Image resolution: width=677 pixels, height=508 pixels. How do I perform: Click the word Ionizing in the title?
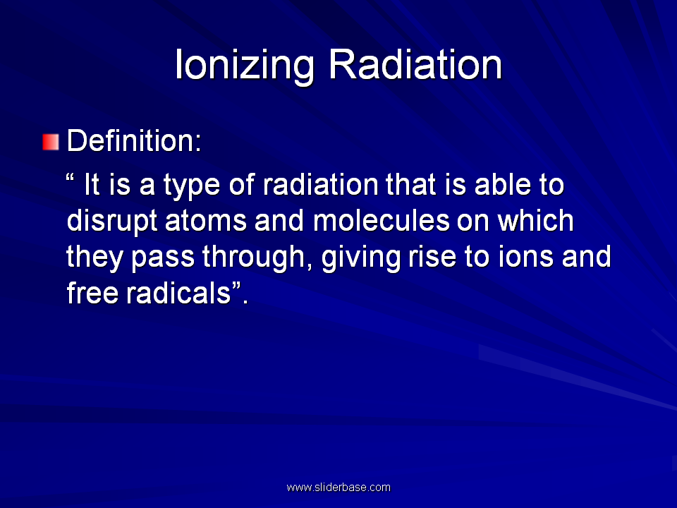(x=245, y=66)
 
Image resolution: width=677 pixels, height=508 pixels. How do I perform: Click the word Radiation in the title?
(x=415, y=64)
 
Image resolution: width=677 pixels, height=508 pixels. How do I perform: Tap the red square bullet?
(x=51, y=142)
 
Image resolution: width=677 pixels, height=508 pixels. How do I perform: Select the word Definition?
(x=134, y=140)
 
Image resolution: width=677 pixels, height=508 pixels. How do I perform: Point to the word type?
(x=192, y=186)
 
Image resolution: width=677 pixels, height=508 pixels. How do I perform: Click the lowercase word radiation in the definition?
(x=321, y=184)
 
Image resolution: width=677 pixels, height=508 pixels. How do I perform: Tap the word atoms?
(x=206, y=221)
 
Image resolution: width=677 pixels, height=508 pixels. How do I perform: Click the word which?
(x=535, y=220)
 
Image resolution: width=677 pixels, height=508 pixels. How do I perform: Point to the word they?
(x=94, y=258)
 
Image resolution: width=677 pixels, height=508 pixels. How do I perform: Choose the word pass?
(x=163, y=259)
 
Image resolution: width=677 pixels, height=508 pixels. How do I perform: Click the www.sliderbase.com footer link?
(x=338, y=488)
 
